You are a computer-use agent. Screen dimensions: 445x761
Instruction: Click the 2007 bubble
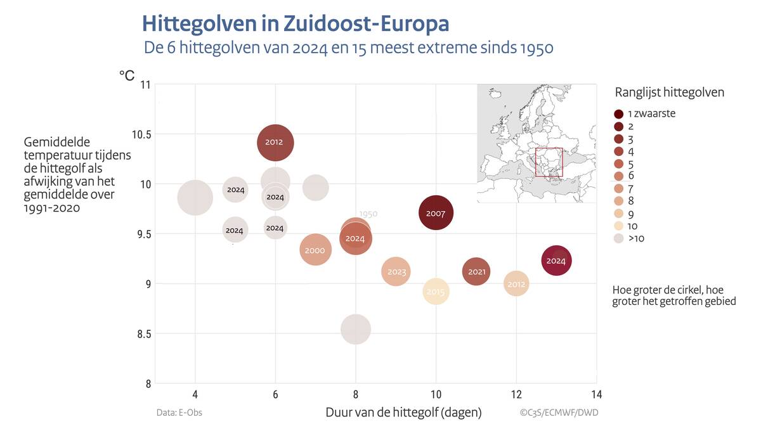[x=436, y=213]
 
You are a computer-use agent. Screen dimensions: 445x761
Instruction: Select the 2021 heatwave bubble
[x=476, y=272]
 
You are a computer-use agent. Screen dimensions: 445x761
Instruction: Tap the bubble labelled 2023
[x=396, y=272]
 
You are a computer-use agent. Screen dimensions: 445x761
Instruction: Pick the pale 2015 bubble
[x=436, y=292]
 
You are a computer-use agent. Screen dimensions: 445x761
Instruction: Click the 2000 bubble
[x=315, y=250]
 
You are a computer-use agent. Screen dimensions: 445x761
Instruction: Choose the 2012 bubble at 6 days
[x=275, y=142]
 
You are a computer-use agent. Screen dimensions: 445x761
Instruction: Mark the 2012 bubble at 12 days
[x=517, y=284]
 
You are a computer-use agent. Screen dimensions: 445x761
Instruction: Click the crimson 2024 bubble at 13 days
[x=556, y=261]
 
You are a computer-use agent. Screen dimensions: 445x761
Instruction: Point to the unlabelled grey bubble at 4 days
[x=195, y=197]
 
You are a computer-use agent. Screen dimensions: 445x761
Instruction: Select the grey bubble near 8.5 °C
[x=356, y=329]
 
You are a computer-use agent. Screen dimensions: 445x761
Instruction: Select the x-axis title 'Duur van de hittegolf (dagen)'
[x=403, y=412]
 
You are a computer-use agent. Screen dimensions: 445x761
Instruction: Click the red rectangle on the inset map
[x=549, y=162]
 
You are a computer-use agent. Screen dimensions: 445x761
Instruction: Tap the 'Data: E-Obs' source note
[x=179, y=413]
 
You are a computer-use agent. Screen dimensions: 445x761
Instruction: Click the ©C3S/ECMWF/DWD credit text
[x=559, y=413]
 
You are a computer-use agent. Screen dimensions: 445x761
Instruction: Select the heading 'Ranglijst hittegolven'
[x=670, y=93]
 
